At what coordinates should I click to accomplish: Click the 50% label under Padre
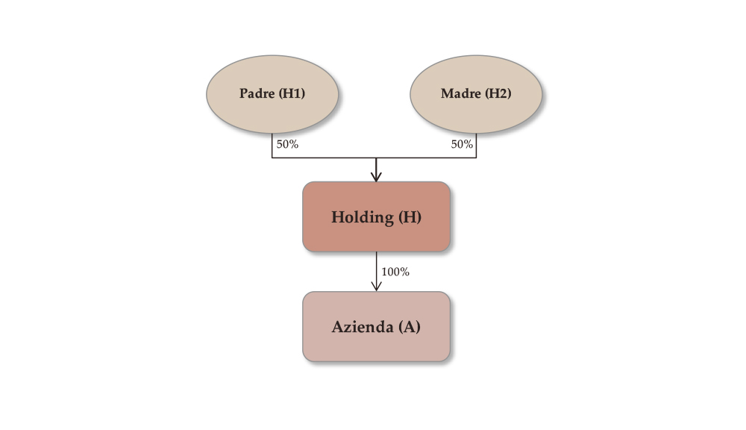pyautogui.click(x=287, y=144)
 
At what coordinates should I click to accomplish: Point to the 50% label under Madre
pyautogui.click(x=462, y=144)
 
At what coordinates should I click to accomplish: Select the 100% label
pyautogui.click(x=395, y=272)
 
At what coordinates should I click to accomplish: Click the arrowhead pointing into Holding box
pyautogui.click(x=376, y=177)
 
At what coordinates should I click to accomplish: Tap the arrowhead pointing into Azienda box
pyautogui.click(x=376, y=287)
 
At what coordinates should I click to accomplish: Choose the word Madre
pyautogui.click(x=460, y=94)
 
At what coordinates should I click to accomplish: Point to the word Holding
pyautogui.click(x=362, y=217)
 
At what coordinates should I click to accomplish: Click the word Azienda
pyautogui.click(x=362, y=327)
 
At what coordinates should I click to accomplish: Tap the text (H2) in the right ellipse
pyautogui.click(x=498, y=94)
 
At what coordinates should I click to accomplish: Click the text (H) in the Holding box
pyautogui.click(x=410, y=217)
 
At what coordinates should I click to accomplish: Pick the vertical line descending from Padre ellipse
pyautogui.click(x=272, y=147)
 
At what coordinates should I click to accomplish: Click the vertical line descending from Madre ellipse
pyautogui.click(x=476, y=147)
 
